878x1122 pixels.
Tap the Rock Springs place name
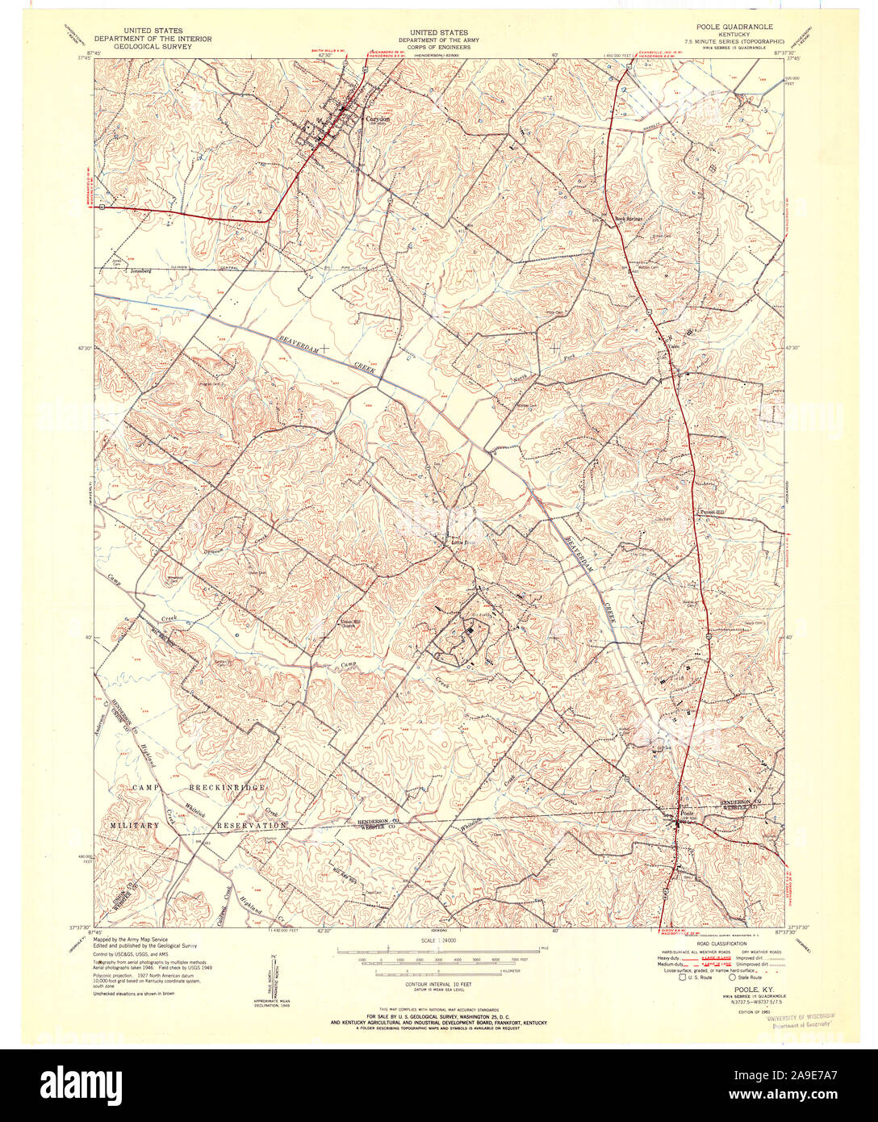pos(627,218)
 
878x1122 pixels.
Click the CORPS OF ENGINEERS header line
pos(438,46)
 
